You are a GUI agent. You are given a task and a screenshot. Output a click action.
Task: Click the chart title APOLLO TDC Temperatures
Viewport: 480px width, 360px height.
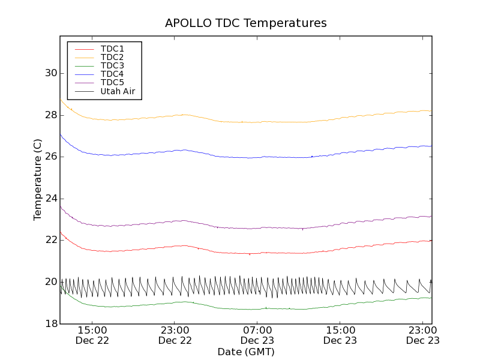(x=246, y=23)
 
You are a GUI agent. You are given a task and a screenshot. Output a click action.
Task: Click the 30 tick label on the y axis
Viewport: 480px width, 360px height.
(x=50, y=73)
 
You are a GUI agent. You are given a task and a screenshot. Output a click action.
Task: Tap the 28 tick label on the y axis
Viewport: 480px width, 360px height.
(x=50, y=115)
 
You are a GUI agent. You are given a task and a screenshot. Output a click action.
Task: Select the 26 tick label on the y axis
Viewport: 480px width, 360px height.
(x=50, y=157)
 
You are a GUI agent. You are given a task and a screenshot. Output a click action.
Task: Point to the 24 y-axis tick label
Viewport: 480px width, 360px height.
(x=50, y=198)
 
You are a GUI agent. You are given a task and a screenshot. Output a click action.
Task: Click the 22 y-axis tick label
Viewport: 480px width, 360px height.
(x=50, y=240)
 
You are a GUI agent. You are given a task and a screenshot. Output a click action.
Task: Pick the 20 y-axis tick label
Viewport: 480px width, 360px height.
(x=50, y=281)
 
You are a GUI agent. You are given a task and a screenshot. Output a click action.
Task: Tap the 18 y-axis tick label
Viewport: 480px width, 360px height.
(x=50, y=323)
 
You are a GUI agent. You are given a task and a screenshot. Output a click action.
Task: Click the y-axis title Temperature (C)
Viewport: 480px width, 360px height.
(x=38, y=179)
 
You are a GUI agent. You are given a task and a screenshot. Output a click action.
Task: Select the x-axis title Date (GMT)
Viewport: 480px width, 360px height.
(x=246, y=352)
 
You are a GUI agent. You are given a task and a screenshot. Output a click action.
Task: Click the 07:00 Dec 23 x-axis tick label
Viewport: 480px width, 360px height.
(x=257, y=335)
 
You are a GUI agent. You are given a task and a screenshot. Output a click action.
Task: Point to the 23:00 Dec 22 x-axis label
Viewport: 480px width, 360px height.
(x=175, y=335)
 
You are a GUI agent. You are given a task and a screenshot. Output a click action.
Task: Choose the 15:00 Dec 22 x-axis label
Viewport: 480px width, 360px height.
(x=92, y=335)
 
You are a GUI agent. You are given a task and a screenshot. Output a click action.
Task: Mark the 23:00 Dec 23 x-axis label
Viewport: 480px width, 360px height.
(x=423, y=335)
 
